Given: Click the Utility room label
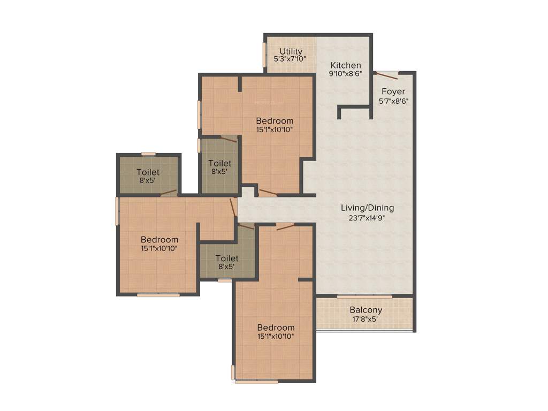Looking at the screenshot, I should (291, 51).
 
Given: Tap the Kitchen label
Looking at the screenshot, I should (346, 65).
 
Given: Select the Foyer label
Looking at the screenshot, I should (393, 92).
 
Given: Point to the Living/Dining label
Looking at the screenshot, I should (368, 208).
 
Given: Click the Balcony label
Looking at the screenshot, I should (366, 310).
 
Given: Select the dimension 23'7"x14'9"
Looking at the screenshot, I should (368, 217).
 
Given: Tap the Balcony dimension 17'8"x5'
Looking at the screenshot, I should (366, 319).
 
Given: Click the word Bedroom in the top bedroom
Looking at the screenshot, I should (275, 120).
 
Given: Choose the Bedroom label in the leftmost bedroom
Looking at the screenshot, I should (159, 239).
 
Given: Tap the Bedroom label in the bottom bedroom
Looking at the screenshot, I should (276, 328).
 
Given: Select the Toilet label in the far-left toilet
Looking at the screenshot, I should (148, 172).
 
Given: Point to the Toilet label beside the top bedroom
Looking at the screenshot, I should (220, 163).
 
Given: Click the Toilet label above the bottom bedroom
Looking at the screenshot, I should (227, 258).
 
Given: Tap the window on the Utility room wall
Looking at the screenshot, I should (264, 55).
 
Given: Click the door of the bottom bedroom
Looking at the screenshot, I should (286, 227).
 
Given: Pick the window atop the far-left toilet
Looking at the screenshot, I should (148, 154).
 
